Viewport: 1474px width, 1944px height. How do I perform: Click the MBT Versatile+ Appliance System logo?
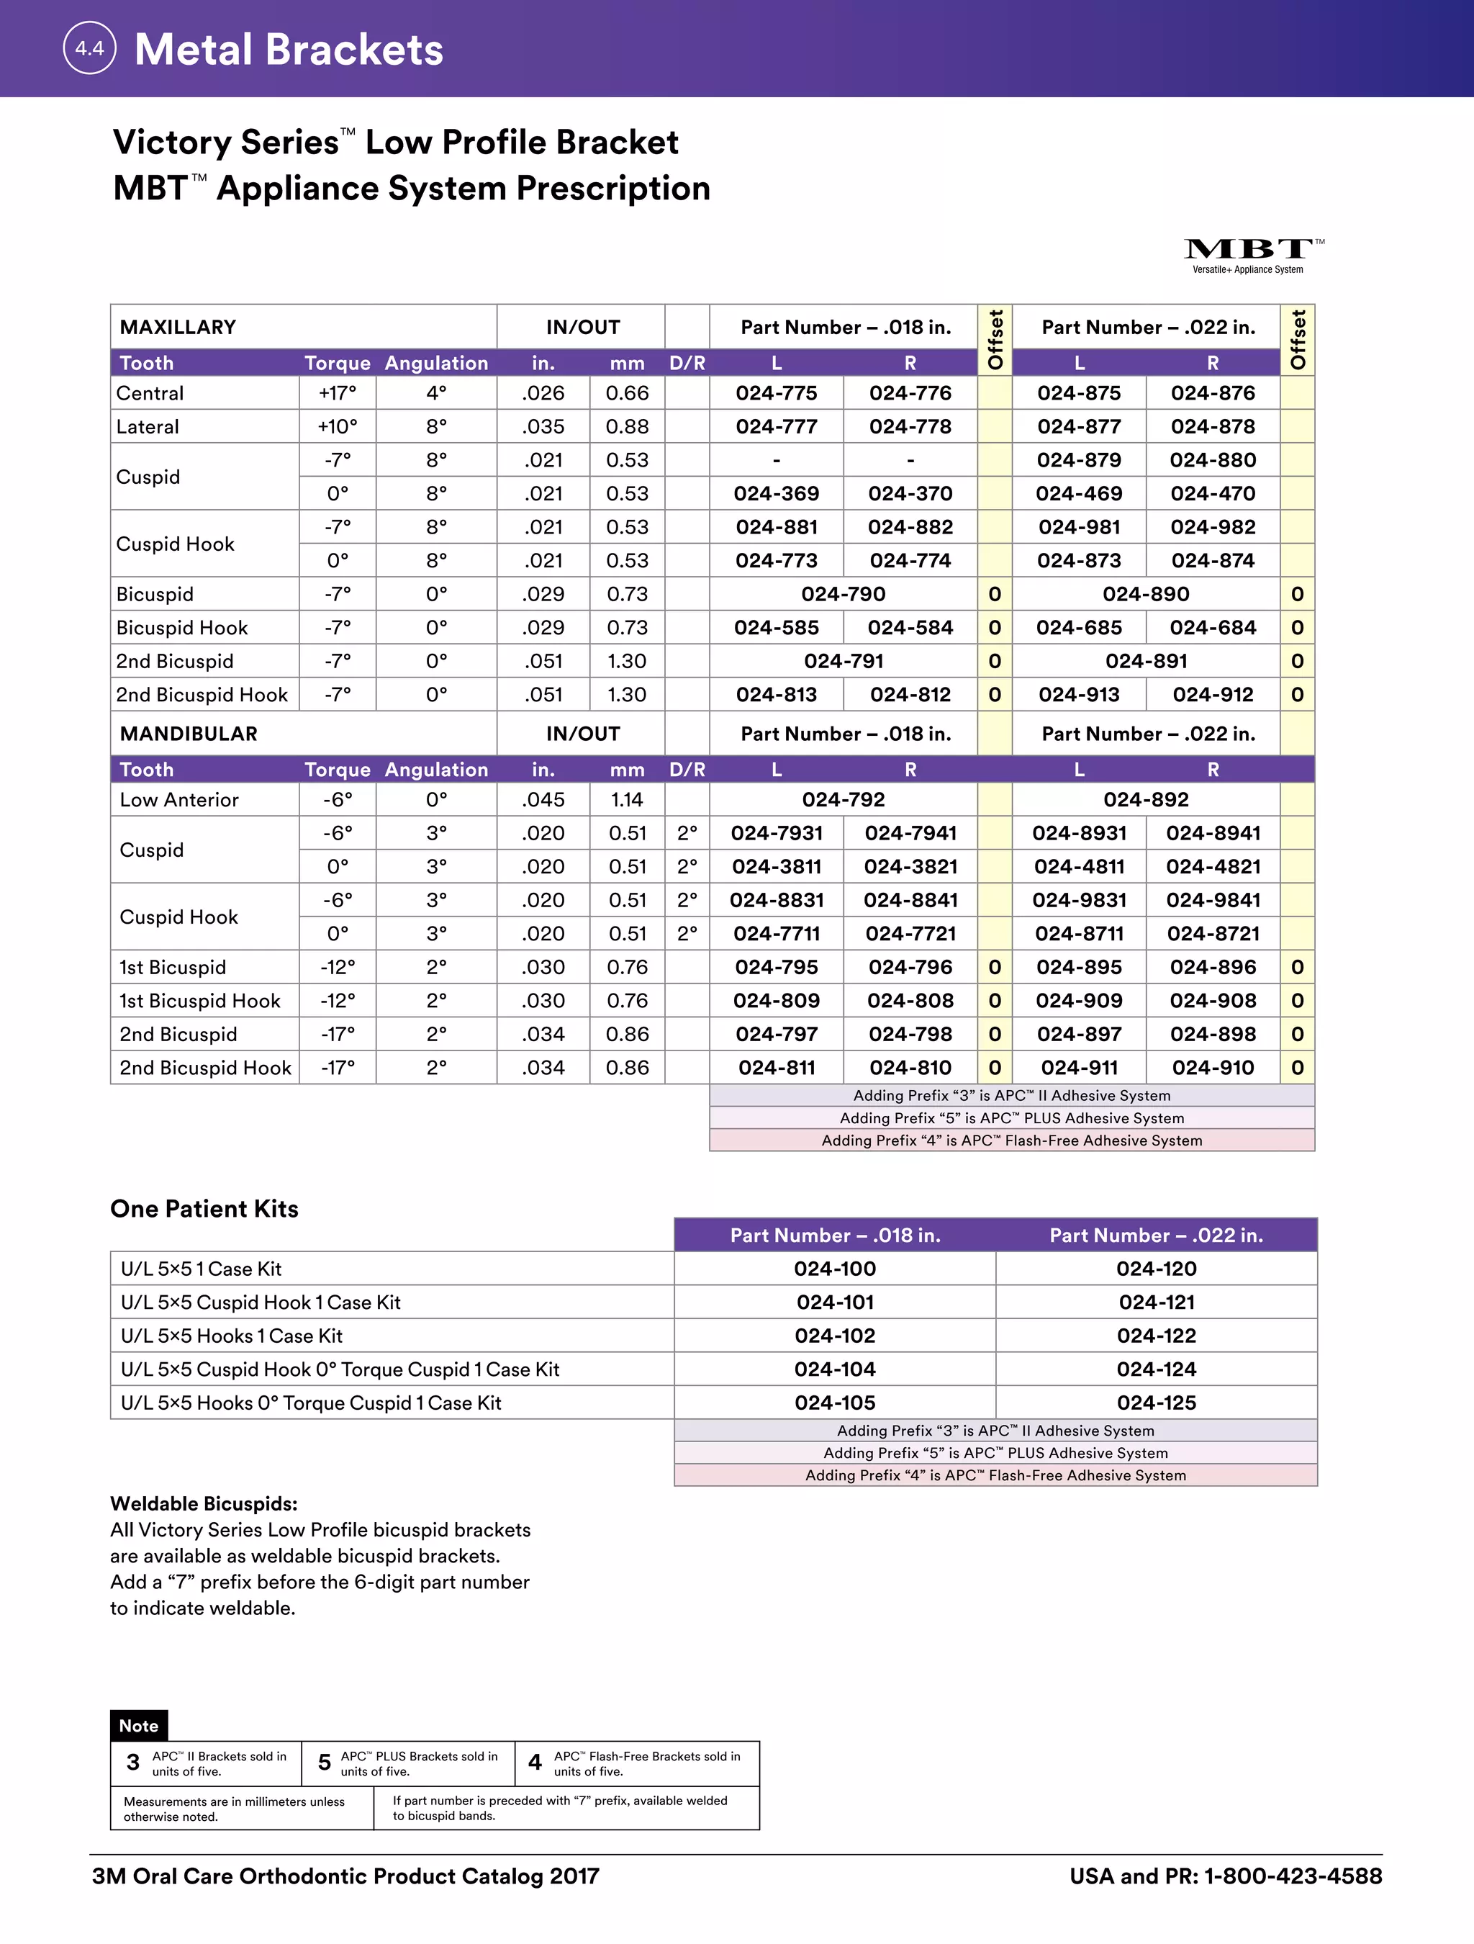1252,256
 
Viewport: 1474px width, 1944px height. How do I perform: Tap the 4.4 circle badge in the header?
89,48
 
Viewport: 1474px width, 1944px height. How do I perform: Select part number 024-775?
777,393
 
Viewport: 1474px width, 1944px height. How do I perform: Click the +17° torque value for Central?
338,393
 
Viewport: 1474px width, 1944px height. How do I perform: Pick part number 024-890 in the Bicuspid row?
1146,594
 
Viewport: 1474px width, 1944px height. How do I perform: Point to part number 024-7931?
777,833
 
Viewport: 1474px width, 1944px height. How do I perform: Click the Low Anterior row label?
179,800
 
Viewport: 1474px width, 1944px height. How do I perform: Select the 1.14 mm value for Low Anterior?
627,800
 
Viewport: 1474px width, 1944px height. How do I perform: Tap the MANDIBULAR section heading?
189,734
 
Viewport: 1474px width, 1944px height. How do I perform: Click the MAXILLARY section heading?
178,327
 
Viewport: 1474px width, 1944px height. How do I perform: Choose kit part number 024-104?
834,1369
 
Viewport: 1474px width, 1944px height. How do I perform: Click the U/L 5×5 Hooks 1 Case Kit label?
232,1336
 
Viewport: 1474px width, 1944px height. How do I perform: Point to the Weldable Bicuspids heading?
204,1503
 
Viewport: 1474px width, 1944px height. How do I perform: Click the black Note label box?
139,1725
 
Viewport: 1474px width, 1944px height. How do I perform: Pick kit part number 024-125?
1156,1403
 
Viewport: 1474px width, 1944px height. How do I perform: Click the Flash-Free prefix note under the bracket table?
1012,1140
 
